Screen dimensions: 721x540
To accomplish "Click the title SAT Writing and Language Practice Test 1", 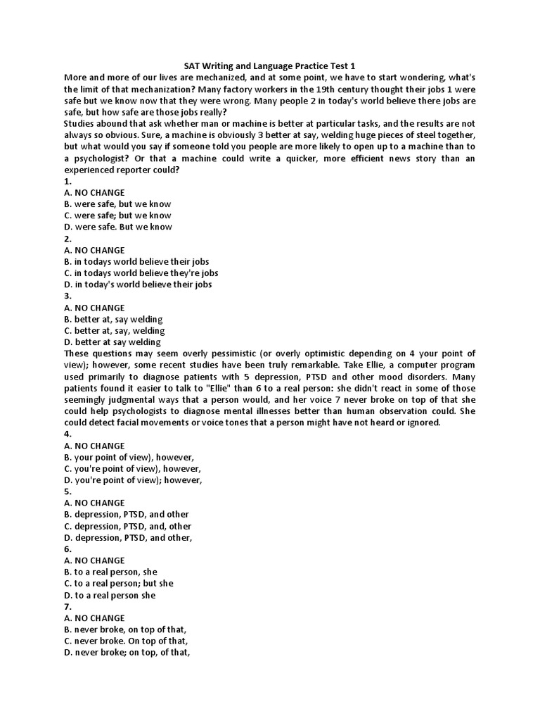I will (269, 65).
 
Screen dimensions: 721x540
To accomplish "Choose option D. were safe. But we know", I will (117, 227).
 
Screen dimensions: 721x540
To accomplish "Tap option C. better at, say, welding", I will (114, 330).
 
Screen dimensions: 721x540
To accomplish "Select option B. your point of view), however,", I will (129, 457).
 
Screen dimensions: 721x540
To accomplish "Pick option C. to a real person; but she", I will (118, 583).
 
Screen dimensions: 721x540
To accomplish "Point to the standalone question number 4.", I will (67, 434).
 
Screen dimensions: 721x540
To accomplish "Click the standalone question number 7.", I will (67, 606).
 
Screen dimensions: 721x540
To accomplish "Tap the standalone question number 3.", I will (67, 296).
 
